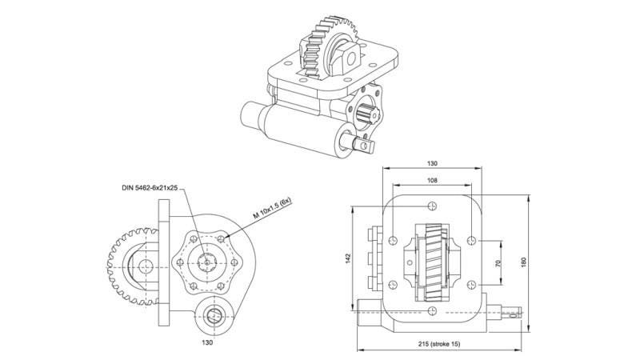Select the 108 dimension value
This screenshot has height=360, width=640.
433,181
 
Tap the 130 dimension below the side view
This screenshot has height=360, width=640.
206,342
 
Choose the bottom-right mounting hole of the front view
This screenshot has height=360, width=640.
474,283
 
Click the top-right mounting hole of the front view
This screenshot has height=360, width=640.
474,239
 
